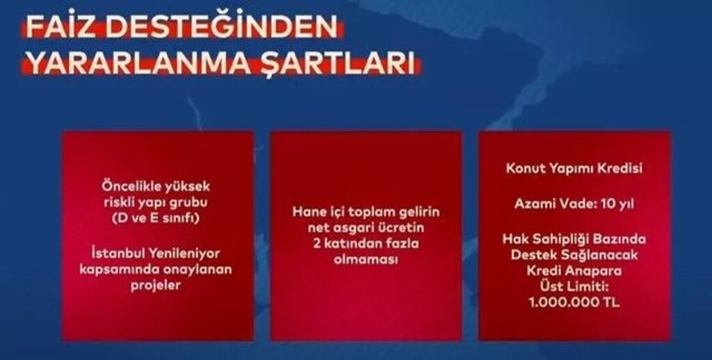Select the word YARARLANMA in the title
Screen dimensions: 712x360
point(138,64)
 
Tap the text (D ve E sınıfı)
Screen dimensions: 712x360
point(156,218)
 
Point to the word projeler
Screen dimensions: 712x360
point(156,286)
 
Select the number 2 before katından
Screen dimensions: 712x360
point(316,243)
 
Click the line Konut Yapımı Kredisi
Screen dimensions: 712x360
point(574,168)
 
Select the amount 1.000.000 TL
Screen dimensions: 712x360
point(574,302)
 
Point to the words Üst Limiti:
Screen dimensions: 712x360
point(574,286)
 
